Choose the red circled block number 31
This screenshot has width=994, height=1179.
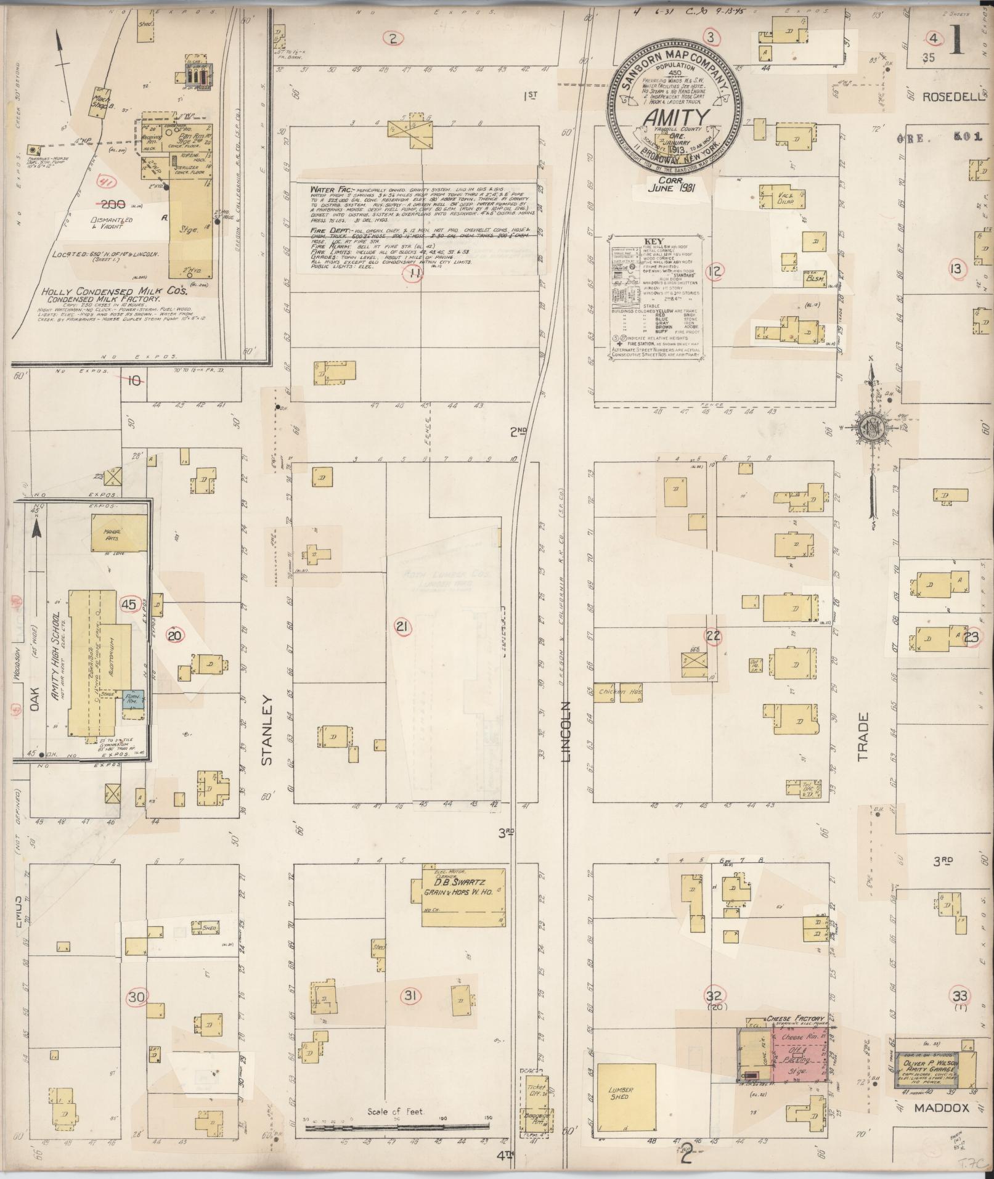tap(410, 995)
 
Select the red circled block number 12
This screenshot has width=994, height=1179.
tap(715, 269)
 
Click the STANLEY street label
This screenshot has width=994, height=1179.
tap(267, 730)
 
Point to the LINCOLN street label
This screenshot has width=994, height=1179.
tap(566, 731)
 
